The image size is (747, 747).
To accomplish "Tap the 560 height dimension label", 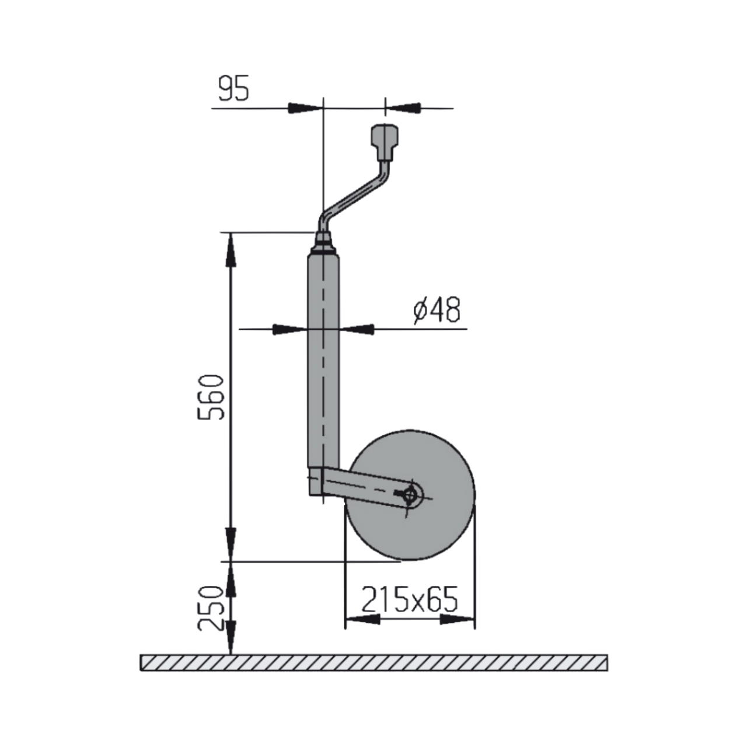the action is pyautogui.click(x=211, y=397).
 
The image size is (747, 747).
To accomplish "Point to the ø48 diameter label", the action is pyautogui.click(x=437, y=310).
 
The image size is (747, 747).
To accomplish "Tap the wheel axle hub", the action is pyautogui.click(x=410, y=494).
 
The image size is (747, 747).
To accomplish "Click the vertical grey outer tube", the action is pyautogui.click(x=323, y=361).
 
